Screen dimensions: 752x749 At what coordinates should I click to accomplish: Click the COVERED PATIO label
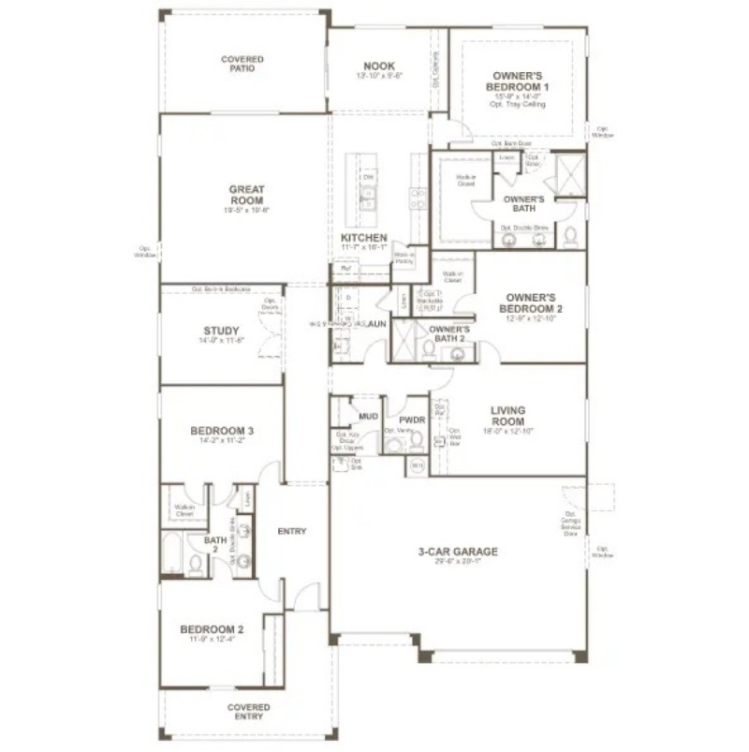(x=242, y=65)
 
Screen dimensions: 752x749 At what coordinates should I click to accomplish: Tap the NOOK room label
(x=379, y=66)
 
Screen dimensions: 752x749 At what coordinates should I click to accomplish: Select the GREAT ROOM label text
(x=246, y=195)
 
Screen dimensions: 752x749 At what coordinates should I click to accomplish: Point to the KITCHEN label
(x=364, y=239)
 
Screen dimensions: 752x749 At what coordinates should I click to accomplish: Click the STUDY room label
(x=221, y=331)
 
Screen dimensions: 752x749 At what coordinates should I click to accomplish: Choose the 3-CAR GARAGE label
(x=458, y=552)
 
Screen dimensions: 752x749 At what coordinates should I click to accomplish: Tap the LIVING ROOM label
(x=507, y=415)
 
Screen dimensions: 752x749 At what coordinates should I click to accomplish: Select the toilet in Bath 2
(x=197, y=563)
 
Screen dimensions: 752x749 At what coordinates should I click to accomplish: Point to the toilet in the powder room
(x=392, y=442)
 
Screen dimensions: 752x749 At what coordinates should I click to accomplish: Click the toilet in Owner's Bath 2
(x=429, y=348)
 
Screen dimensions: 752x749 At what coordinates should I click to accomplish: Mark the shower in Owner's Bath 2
(x=404, y=340)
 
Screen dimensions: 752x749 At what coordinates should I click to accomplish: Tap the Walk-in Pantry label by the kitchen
(x=404, y=258)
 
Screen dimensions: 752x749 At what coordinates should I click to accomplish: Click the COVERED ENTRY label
(x=249, y=713)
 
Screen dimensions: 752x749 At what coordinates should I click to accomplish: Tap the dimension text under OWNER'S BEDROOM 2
(x=532, y=318)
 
